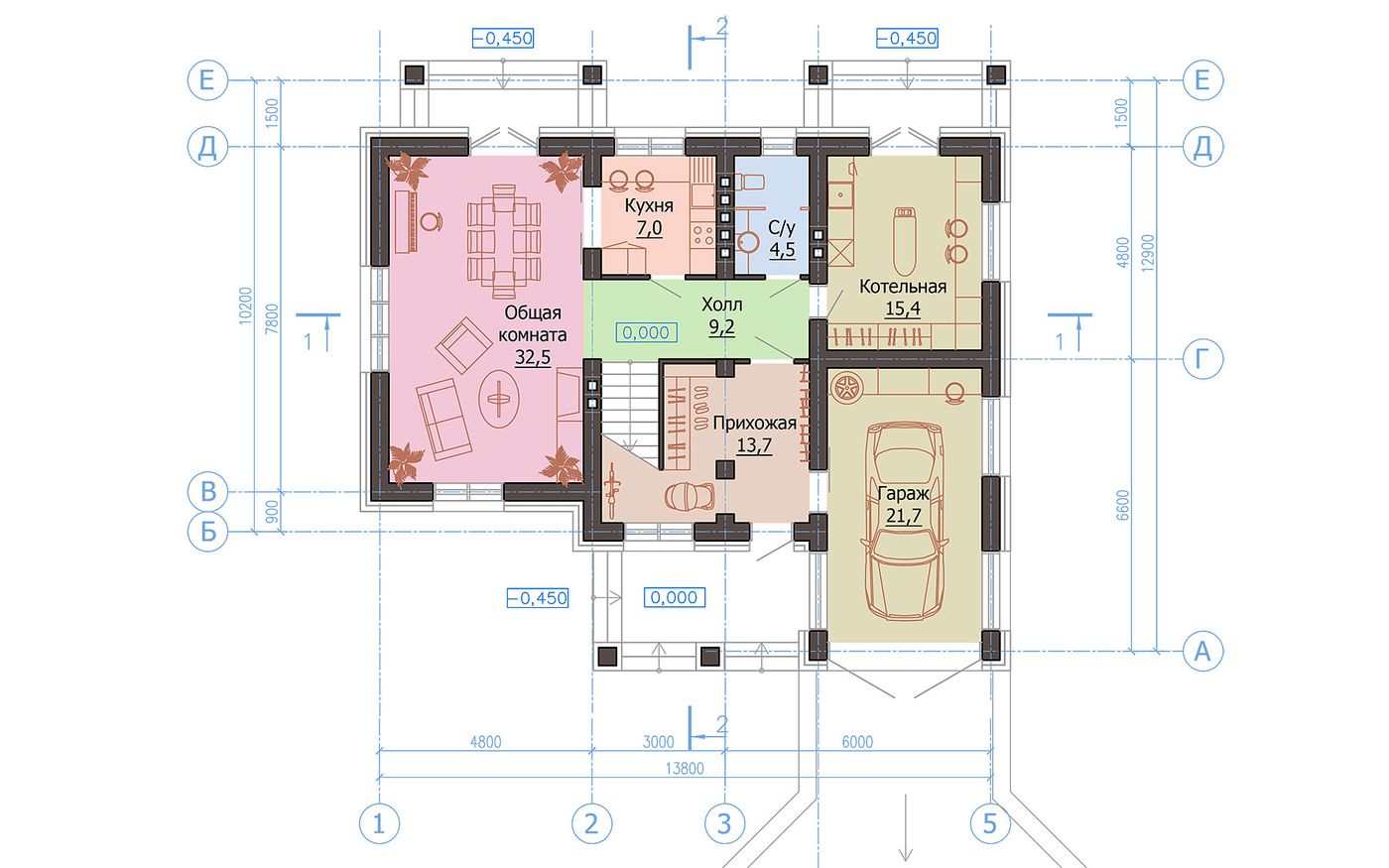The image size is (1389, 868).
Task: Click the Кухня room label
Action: [649, 205]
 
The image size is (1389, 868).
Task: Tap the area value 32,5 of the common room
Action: [533, 357]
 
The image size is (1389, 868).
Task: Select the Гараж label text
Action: [904, 494]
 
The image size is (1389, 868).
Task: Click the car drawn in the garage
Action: [905, 521]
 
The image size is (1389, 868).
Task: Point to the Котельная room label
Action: [903, 287]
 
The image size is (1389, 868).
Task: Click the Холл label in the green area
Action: [722, 305]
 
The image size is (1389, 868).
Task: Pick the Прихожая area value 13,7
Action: [754, 445]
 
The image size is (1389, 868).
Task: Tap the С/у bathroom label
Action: [782, 227]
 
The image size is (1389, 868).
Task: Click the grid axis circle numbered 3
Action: [724, 824]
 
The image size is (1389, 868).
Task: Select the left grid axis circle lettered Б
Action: [207, 532]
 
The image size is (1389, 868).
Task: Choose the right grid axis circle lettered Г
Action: [1202, 359]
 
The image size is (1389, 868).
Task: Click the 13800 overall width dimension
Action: [685, 769]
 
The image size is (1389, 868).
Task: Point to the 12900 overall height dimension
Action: [1148, 252]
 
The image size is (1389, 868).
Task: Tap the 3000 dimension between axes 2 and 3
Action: [658, 742]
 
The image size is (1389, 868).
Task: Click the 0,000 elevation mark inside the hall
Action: [646, 333]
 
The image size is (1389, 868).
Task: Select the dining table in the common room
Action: [504, 242]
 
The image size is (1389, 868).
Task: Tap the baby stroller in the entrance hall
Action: [690, 496]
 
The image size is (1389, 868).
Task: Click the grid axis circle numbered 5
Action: [990, 824]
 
